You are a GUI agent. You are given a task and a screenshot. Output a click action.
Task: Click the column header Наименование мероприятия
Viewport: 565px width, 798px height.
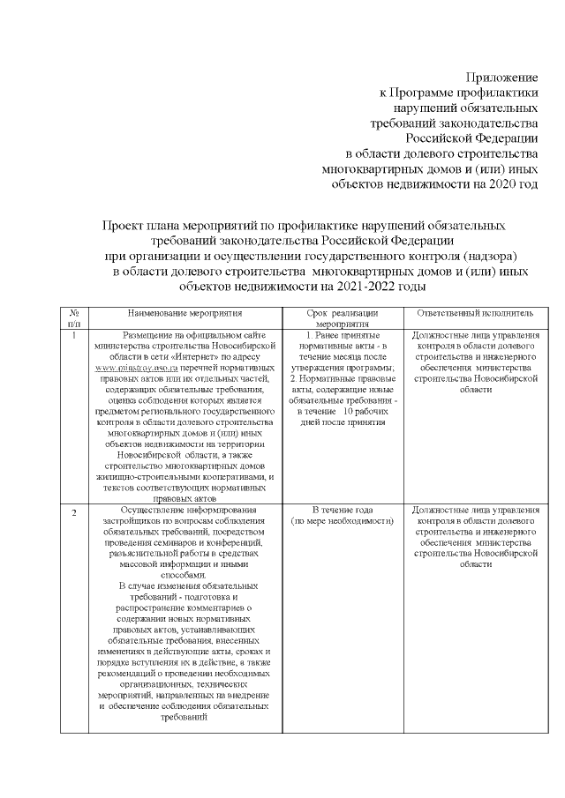pos(185,313)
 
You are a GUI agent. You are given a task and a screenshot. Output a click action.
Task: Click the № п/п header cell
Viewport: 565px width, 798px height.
pos(72,318)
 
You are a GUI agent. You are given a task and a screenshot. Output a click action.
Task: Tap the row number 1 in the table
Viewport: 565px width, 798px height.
pos(72,336)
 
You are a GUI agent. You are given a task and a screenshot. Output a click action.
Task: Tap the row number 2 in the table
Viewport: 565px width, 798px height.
pos(73,513)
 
